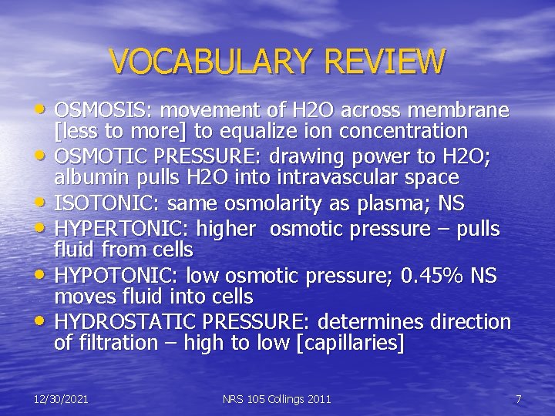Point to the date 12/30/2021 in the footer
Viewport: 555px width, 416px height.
[x=61, y=399]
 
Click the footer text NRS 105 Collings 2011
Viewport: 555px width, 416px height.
[x=277, y=399]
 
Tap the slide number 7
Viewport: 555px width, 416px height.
[x=518, y=399]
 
